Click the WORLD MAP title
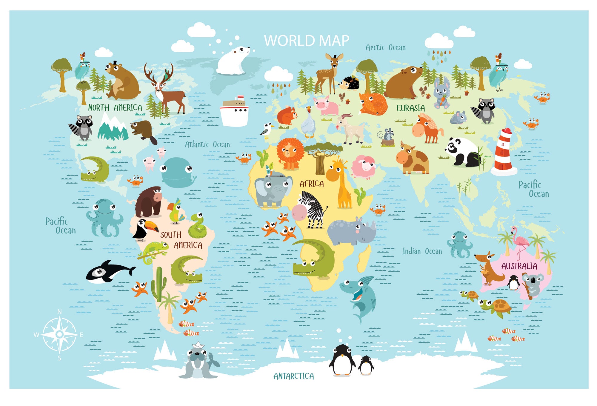pyautogui.click(x=307, y=41)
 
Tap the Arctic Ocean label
pyautogui.click(x=385, y=47)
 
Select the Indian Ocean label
pyautogui.click(x=422, y=251)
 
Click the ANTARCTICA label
pyautogui.click(x=294, y=376)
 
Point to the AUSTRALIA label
pyautogui.click(x=519, y=266)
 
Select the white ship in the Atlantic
pyautogui.click(x=235, y=111)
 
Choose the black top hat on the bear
pyautogui.click(x=115, y=63)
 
